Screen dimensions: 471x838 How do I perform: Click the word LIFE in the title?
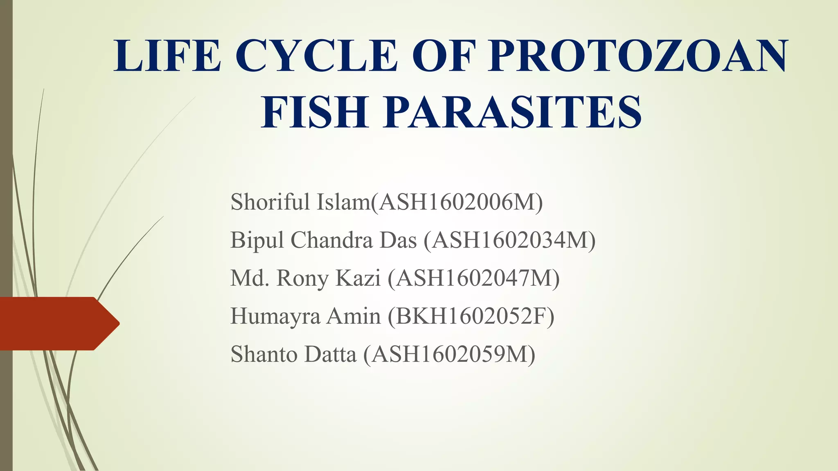click(167, 56)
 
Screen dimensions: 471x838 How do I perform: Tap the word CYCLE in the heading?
click(316, 56)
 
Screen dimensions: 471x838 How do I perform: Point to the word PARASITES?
click(512, 112)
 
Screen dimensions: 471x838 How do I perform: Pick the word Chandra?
click(331, 240)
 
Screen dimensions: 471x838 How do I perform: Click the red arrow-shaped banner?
click(57, 323)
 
